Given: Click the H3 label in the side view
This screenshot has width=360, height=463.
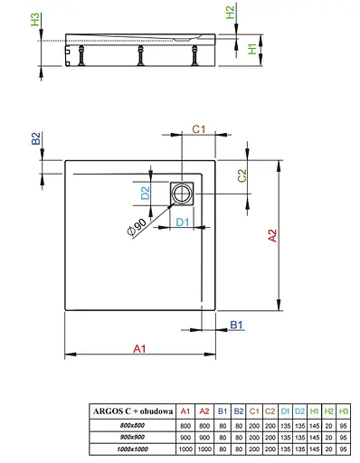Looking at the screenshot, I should point(35,20).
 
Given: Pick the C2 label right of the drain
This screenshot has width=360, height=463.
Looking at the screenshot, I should point(242,175).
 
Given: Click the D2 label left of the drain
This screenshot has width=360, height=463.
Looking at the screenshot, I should point(145,193).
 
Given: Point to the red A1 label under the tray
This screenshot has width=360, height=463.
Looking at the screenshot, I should point(138,347).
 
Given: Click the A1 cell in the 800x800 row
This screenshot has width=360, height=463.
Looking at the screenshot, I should point(185,426).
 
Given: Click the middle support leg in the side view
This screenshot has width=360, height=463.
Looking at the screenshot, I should point(141,59).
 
